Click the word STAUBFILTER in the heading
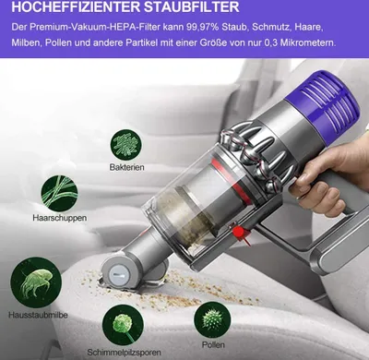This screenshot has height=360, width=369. (x=192, y=6)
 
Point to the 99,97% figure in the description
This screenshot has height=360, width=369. (x=202, y=27)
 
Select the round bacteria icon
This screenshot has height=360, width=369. (x=126, y=145)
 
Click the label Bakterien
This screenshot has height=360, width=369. (x=126, y=167)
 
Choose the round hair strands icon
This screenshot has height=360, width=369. (x=59, y=193)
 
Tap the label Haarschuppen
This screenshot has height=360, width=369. (x=60, y=218)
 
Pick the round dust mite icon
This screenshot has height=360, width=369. (x=36, y=283)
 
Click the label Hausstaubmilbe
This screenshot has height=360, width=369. (x=38, y=315)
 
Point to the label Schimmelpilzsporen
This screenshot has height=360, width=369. (x=124, y=353)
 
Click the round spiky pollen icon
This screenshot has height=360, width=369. (x=212, y=320)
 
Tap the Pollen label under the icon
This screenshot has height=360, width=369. (x=213, y=344)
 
